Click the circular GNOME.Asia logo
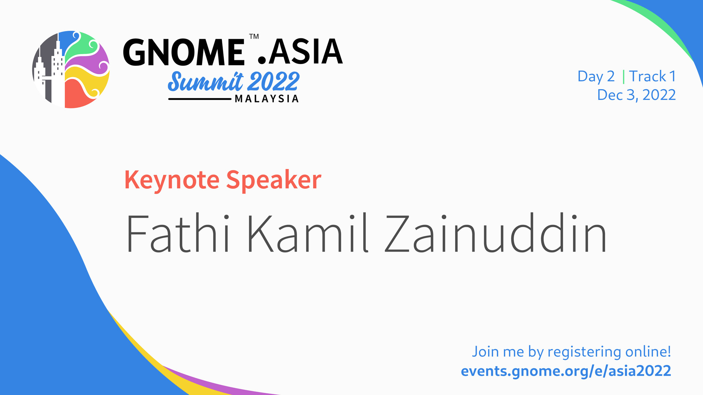point(71,69)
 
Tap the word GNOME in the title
point(184,52)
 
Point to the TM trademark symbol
point(254,36)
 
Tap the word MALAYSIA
point(267,99)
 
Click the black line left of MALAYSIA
point(200,99)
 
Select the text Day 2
point(596,77)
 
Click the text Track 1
point(652,76)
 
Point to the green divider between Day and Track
point(624,76)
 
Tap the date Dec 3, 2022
point(636,95)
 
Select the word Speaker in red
point(274,181)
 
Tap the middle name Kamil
point(308,233)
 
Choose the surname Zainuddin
point(496,233)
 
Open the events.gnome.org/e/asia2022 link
point(566,371)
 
